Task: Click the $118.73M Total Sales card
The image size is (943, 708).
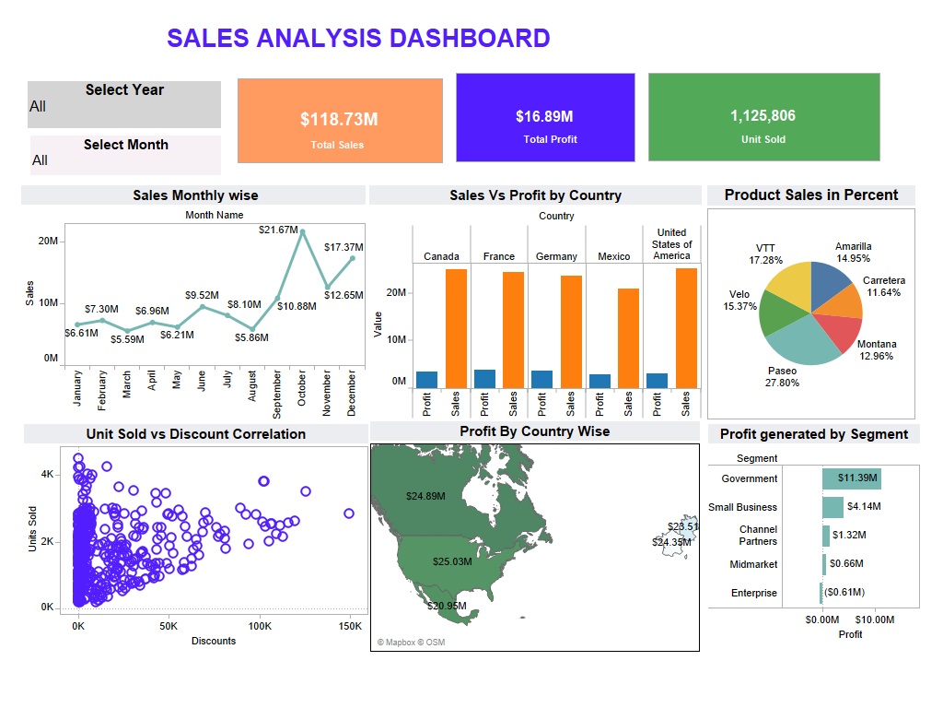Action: tap(340, 121)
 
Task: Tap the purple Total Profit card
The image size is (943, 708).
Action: tap(545, 117)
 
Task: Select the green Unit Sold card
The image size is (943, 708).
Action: tap(763, 117)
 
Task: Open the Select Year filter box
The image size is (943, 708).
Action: tap(124, 105)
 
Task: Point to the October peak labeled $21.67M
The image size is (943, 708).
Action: tap(302, 231)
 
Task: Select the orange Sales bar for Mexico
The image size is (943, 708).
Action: tap(628, 338)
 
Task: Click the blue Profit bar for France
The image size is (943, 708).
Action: tap(484, 379)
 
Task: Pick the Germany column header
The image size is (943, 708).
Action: tap(556, 256)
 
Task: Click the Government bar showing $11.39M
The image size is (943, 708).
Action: tap(851, 478)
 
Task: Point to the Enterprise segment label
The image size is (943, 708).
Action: tap(753, 593)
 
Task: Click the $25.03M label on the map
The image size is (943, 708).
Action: tap(452, 561)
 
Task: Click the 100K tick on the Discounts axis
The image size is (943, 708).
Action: tap(259, 626)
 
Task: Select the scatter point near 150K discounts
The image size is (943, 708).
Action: tap(349, 513)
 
